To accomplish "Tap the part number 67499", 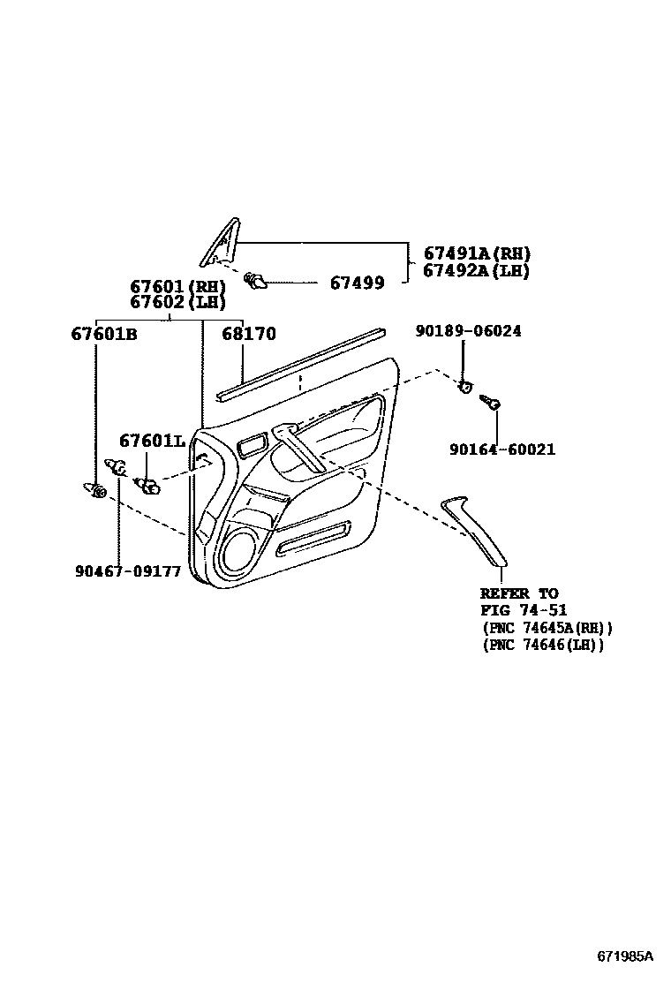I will click(357, 283).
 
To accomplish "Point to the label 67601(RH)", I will click(177, 287).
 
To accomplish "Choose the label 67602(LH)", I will click(177, 302).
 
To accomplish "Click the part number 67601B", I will click(103, 335).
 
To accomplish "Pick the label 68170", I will click(248, 335).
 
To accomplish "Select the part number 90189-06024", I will click(468, 331).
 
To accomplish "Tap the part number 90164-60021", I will click(501, 449).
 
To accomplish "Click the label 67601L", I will click(151, 441).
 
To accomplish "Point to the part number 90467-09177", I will click(127, 571).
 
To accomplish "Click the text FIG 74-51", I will click(524, 610).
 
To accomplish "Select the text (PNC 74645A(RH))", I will click(547, 628).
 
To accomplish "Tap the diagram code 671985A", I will click(624, 957).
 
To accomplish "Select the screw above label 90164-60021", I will click(490, 404).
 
